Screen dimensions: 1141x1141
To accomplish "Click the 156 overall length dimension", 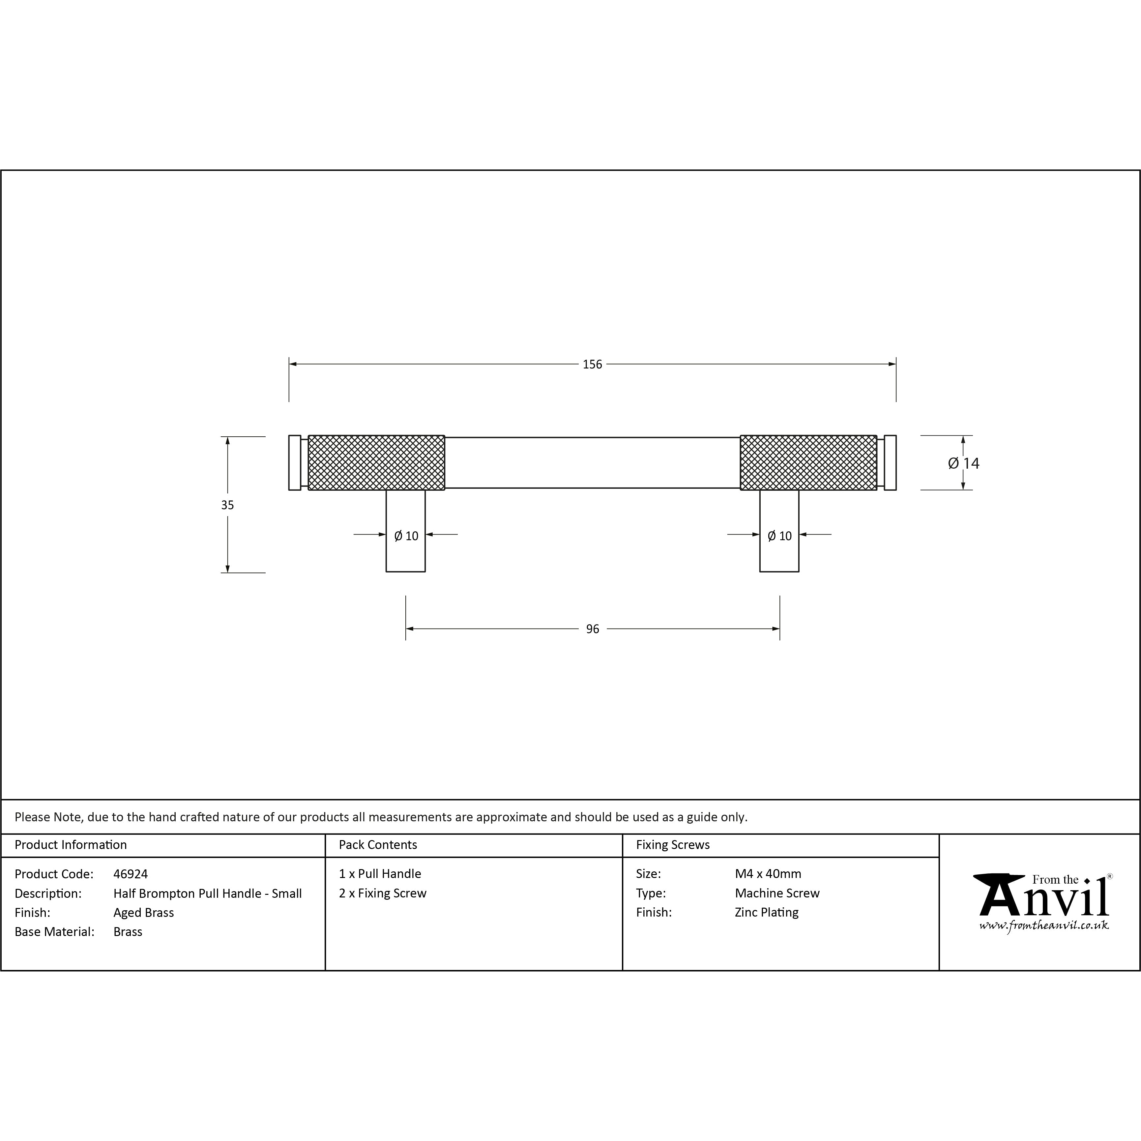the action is (x=592, y=365).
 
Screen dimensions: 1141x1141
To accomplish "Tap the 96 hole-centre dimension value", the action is (x=592, y=629).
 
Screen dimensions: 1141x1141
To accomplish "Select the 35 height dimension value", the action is (x=227, y=505).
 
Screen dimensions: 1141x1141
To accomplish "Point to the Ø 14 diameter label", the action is (x=963, y=464).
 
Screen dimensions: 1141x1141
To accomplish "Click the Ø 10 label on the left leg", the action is (x=406, y=536).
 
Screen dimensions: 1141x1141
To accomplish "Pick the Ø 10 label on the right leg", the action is (x=779, y=536).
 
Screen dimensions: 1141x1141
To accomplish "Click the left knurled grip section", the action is (x=376, y=462).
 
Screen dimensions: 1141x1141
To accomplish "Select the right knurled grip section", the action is (x=808, y=462).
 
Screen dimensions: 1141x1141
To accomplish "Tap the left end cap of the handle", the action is (x=295, y=462).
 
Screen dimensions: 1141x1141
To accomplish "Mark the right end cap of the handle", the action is (x=890, y=462).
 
